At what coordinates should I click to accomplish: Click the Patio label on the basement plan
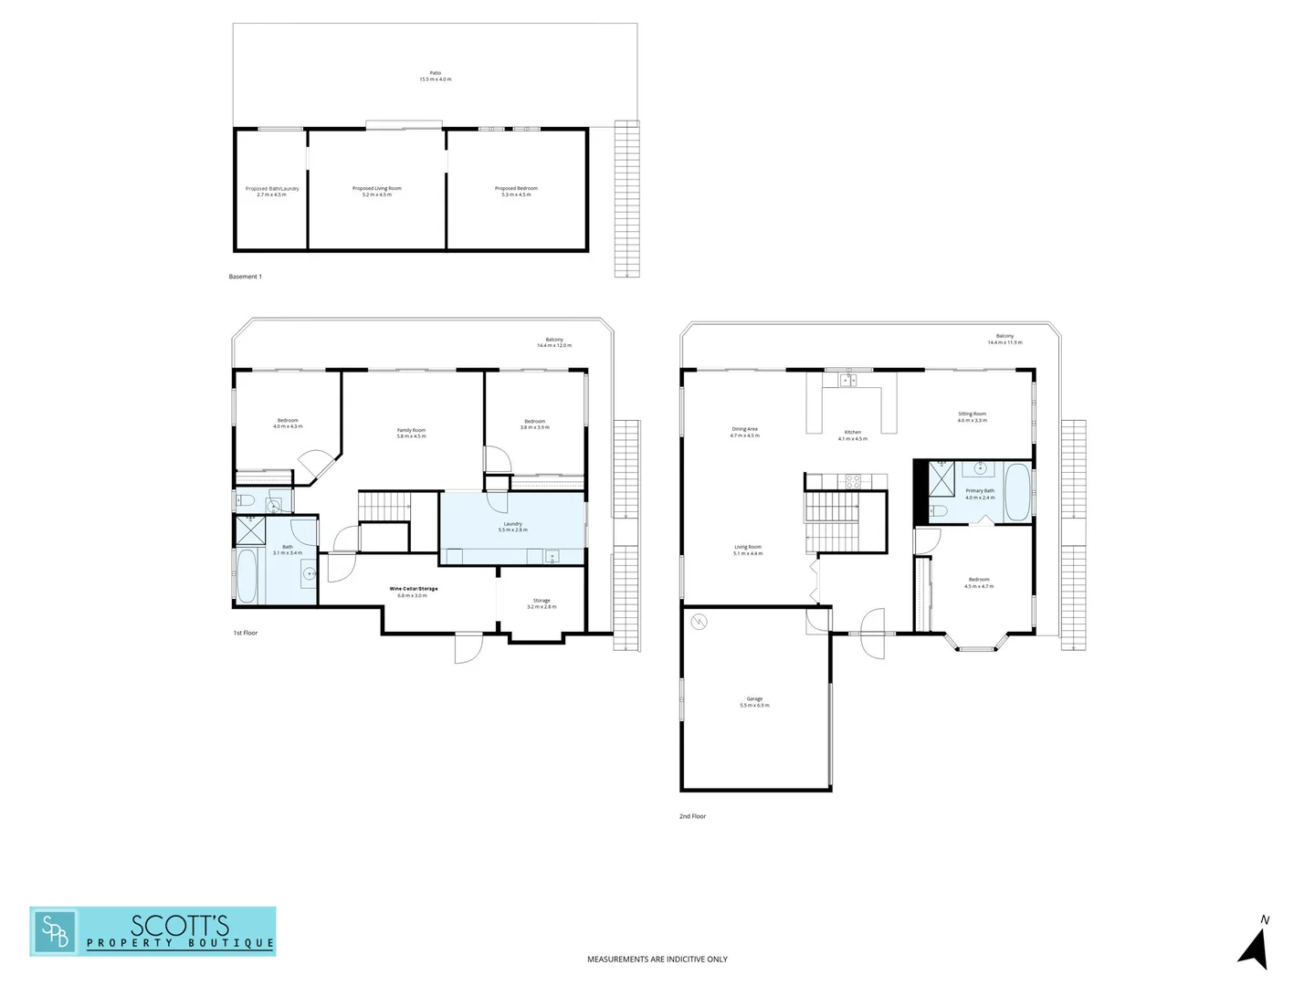(435, 76)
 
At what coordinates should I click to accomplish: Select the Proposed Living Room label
(376, 191)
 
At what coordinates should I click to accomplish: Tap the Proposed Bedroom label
(516, 191)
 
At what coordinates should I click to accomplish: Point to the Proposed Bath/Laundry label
(272, 191)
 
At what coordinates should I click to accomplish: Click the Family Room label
(411, 433)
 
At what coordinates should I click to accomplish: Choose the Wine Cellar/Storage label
(414, 592)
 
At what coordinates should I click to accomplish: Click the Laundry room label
(512, 527)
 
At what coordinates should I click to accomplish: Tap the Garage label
(754, 701)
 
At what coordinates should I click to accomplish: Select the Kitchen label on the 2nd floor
(852, 435)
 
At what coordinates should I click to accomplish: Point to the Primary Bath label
(980, 494)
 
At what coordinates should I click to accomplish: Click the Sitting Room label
(972, 416)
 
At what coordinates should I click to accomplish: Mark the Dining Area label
(744, 432)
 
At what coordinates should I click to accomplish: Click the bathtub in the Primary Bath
(1016, 492)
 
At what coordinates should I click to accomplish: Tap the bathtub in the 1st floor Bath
(247, 575)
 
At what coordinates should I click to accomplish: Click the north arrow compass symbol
(1256, 946)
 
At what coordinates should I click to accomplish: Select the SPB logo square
(54, 931)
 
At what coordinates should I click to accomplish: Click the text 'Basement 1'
(245, 277)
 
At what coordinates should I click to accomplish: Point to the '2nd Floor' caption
(692, 816)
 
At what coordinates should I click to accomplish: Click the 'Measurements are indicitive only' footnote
(657, 960)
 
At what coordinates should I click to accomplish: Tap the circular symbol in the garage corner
(699, 622)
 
